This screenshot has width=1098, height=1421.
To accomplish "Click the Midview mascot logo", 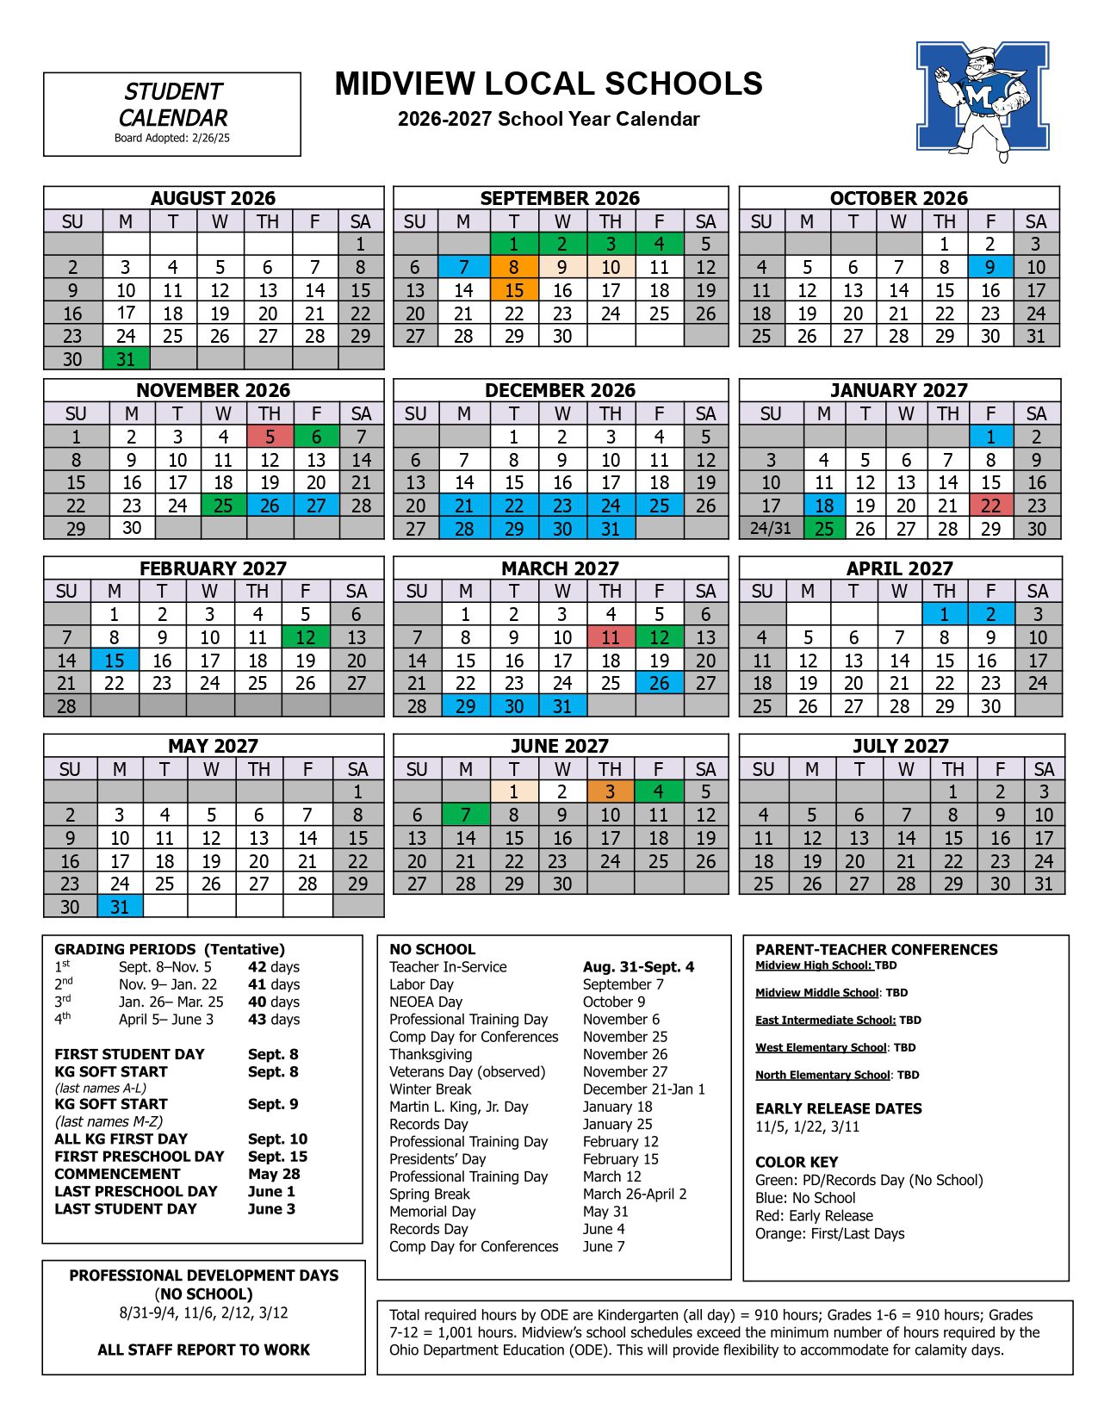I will coord(983,100).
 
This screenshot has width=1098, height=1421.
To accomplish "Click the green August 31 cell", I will coord(126,358).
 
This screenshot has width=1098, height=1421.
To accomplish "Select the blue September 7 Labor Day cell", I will coord(463,267).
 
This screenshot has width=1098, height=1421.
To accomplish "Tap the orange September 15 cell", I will coord(514,290).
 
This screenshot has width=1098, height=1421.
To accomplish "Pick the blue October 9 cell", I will coord(990,267).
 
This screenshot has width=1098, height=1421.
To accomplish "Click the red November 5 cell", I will coord(270,437).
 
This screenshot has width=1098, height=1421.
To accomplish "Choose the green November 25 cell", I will coord(223,506).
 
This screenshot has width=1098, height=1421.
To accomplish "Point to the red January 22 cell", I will coord(991,506).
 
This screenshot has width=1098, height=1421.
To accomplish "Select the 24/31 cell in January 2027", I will coord(771,528).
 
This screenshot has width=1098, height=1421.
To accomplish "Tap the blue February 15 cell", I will coord(115,661).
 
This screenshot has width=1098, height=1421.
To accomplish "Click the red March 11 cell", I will coord(611,637).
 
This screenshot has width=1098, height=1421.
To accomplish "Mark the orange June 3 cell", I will coord(610,791).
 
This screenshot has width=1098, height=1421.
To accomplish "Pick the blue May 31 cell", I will coord(120,907).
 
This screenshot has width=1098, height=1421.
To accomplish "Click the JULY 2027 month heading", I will coord(901,746).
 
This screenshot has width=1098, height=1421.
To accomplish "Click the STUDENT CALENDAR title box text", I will coord(172,105).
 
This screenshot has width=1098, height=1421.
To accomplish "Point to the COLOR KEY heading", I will coord(797,1162).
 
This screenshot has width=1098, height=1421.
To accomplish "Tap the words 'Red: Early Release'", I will coord(814,1216).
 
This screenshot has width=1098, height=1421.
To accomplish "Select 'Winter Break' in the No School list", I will coord(430,1089).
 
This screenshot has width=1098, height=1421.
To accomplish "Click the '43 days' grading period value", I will coord(274,1020).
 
